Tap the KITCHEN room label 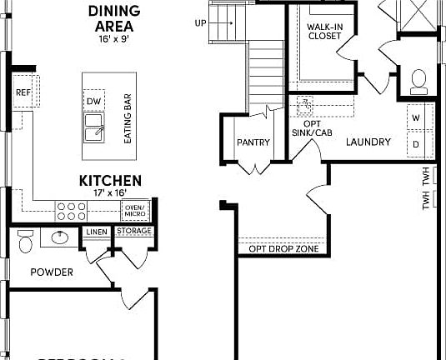coord(110,180)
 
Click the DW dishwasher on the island coord(93,101)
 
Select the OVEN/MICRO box coord(133,209)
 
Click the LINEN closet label coord(94,232)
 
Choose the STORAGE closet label coord(133,231)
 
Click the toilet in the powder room coord(25,240)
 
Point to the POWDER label coord(52,272)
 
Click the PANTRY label coord(253,142)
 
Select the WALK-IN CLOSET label coord(323,32)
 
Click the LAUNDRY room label coord(368,142)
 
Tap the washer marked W coord(416,118)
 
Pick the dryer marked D coord(416,143)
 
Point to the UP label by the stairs coord(199,22)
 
